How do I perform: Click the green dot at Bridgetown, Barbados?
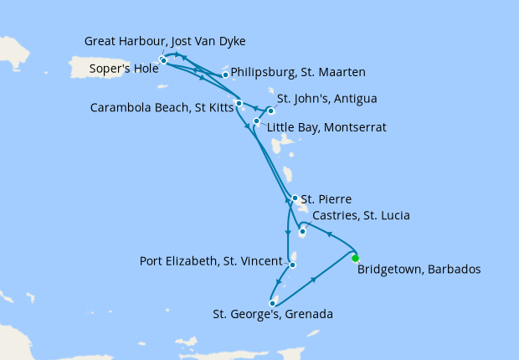355,258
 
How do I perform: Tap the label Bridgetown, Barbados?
419,270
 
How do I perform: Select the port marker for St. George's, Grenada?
273,303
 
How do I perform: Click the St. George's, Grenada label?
272,315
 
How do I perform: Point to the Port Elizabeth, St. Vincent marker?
292,265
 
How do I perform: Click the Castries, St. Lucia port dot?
302,231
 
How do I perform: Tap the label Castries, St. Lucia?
360,216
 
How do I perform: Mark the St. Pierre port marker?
295,198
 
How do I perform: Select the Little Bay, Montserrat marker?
256,121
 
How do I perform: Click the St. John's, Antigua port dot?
270,111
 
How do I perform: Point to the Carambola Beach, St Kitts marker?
239,104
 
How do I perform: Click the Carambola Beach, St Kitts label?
162,106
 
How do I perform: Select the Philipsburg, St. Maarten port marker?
225,75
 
